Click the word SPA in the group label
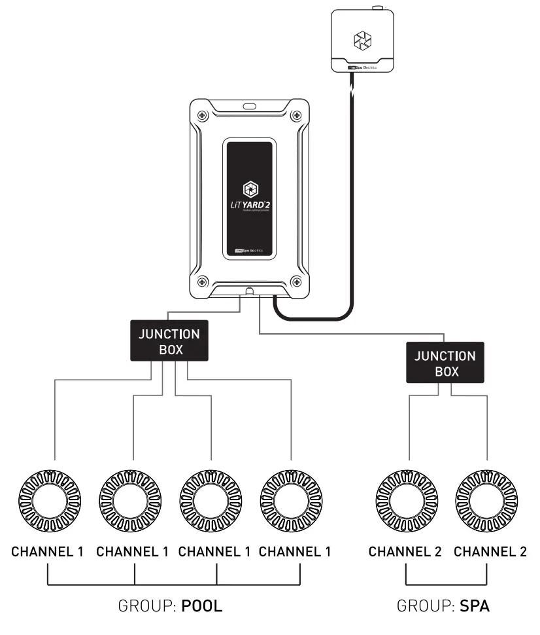pyautogui.click(x=475, y=606)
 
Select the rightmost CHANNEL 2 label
pyautogui.click(x=490, y=551)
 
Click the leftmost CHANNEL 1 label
pyautogui.click(x=47, y=551)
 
